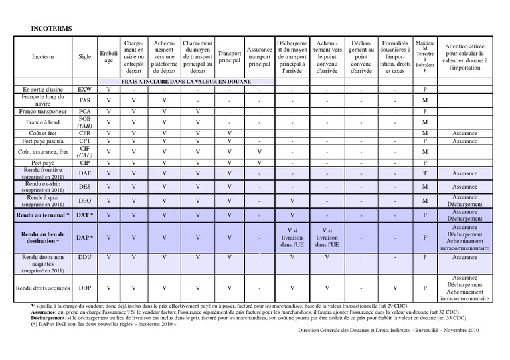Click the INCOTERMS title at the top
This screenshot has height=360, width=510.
coord(52,29)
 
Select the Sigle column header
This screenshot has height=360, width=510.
coord(85,58)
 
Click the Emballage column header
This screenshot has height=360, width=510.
coord(108,57)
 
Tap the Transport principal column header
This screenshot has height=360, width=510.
coord(230,58)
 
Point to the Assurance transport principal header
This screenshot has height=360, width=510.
coord(259,58)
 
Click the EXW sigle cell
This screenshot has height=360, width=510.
coord(85,89)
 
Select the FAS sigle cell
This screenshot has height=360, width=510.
coord(85,100)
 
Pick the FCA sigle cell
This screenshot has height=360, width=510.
coord(85,111)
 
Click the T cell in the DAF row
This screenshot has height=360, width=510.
coord(425,173)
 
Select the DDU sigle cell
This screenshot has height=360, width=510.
coord(85,257)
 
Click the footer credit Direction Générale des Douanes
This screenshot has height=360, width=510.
coord(388,330)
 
